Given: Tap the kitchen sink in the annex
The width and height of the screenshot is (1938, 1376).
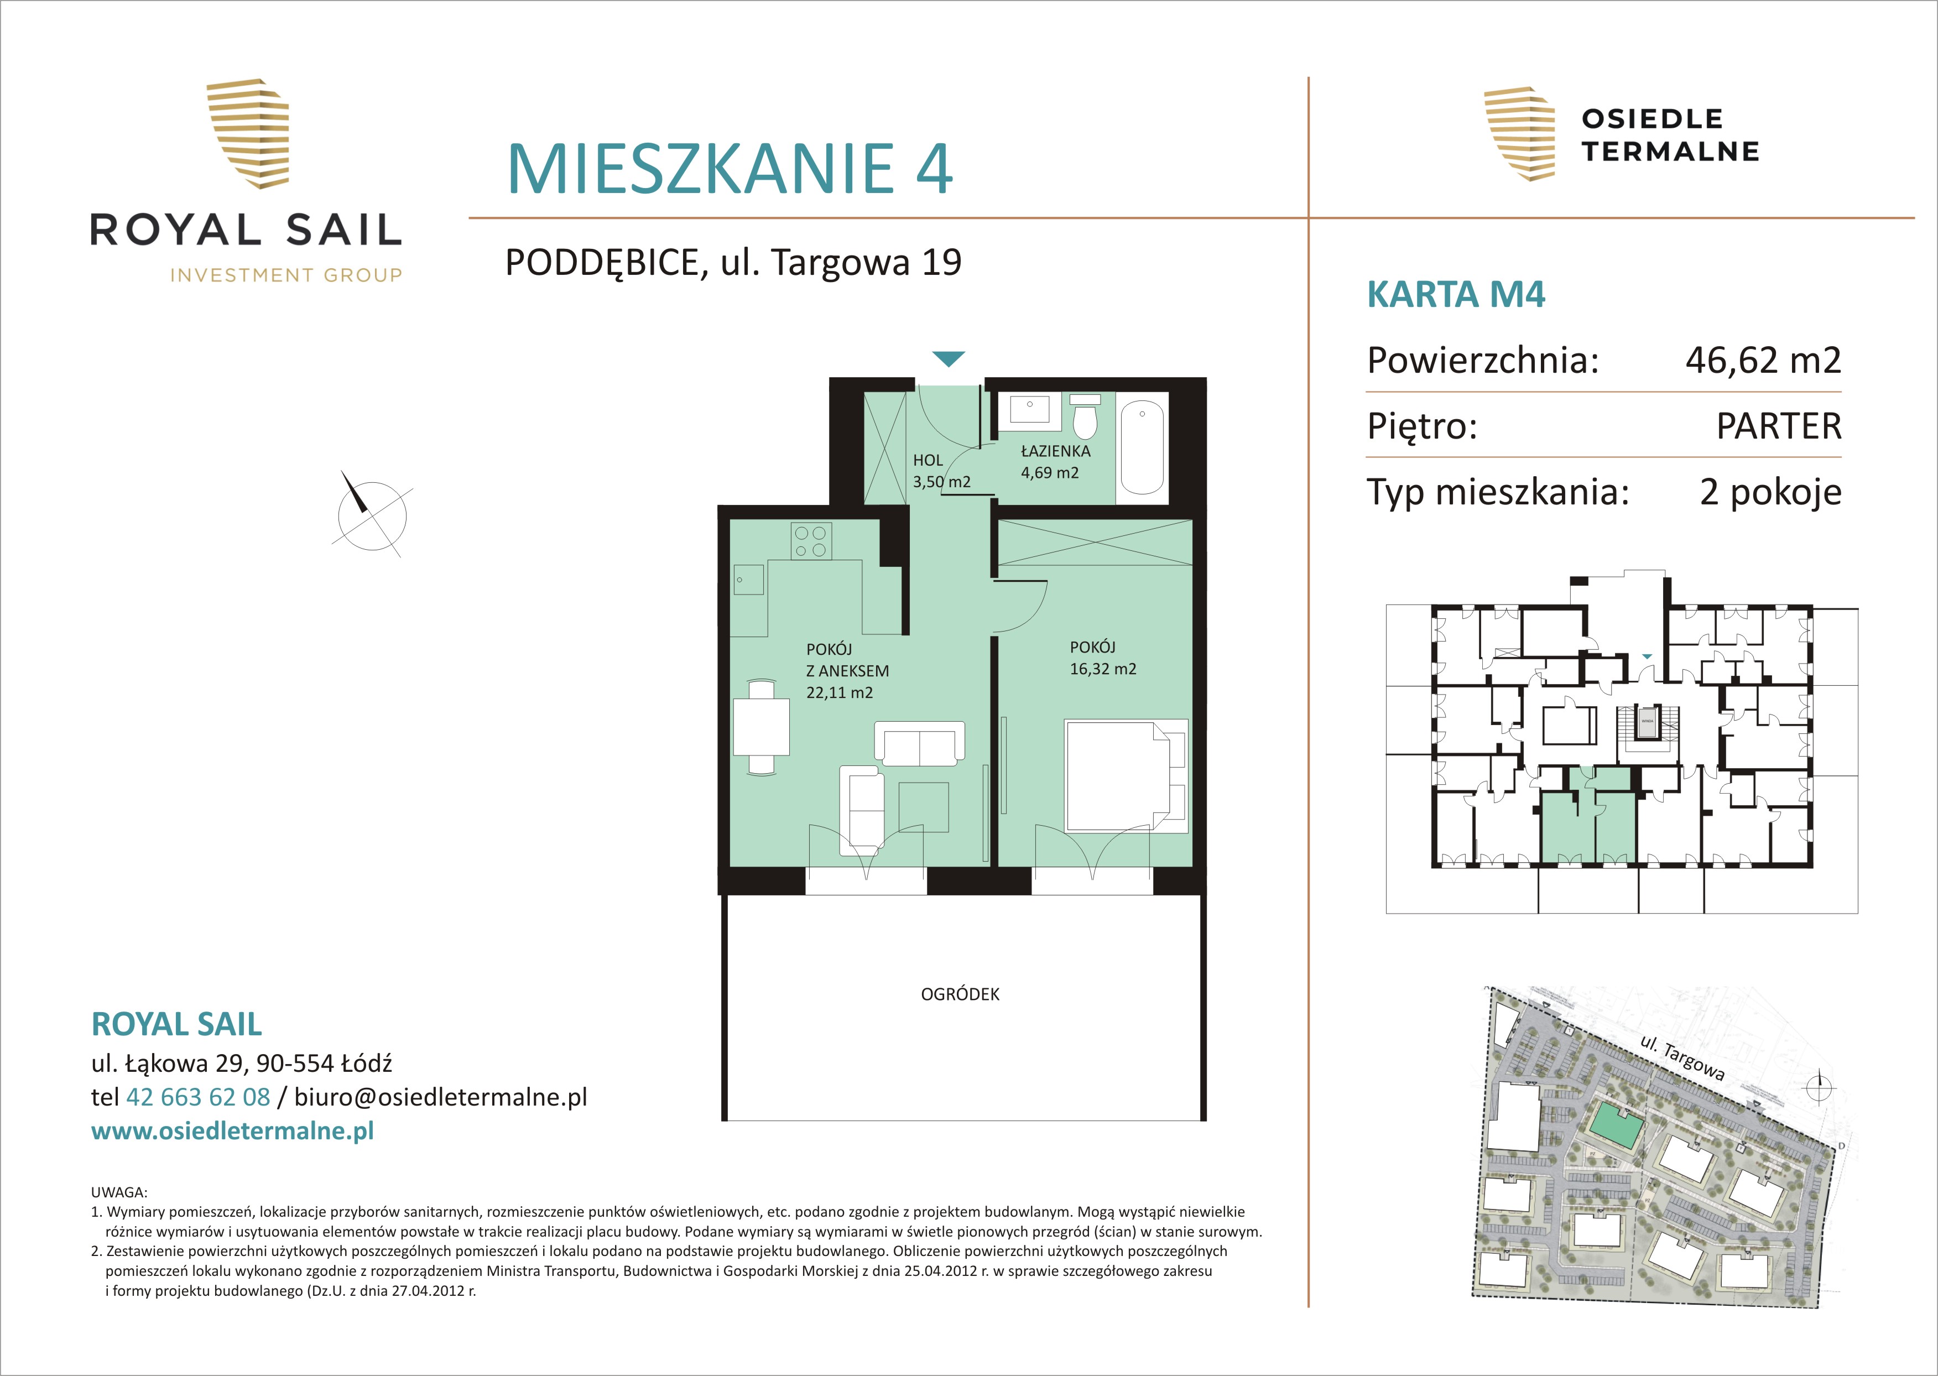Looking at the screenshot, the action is (748, 580).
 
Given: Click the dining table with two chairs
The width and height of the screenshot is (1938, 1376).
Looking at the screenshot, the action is (762, 726).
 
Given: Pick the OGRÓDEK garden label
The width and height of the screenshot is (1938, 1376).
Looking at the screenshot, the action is (960, 994).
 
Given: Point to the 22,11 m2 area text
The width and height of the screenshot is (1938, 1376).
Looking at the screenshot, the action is (839, 692).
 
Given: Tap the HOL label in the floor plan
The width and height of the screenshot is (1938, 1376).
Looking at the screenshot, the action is (928, 460).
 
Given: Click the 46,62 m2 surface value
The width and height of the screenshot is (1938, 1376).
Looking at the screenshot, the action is (1763, 360).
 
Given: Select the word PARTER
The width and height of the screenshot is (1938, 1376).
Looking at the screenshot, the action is (1779, 426).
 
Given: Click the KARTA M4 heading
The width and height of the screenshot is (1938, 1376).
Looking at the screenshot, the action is (1456, 294).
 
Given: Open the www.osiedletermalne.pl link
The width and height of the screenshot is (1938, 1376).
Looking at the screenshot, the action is (232, 1131).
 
